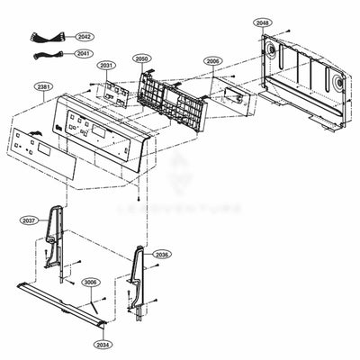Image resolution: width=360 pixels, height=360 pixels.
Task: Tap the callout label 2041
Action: (84, 53)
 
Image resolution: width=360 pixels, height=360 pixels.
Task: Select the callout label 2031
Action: (107, 66)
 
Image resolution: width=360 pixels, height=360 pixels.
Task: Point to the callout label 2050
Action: (141, 58)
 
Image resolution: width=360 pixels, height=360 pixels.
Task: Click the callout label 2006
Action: (213, 61)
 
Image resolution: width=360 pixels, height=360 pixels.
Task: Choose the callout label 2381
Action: (43, 86)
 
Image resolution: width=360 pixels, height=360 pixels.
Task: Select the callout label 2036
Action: (159, 256)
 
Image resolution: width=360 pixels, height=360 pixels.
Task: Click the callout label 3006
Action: (90, 283)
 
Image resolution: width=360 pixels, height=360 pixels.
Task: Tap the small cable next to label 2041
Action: (41, 55)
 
